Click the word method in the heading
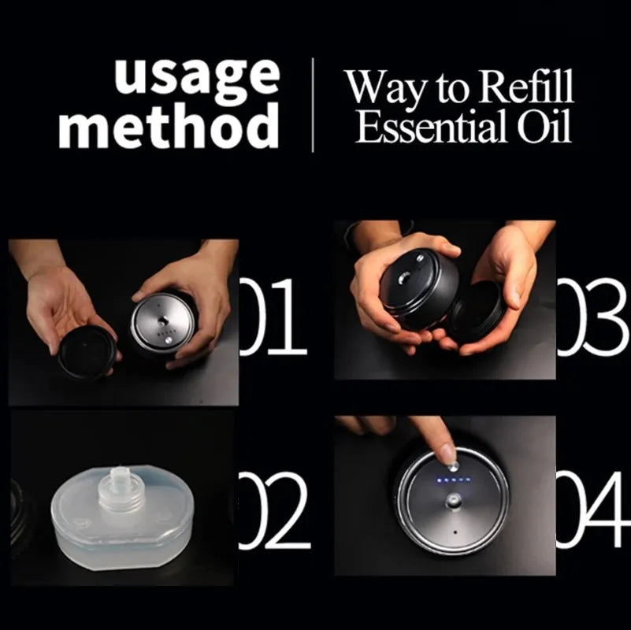point(169,125)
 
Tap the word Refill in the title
point(527,87)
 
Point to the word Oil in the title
point(544,126)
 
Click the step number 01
point(273,317)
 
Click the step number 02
point(274,510)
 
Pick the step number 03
point(593,317)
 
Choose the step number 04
point(593,510)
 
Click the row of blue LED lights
point(454,480)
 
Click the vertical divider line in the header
point(313,105)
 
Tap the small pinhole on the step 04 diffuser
point(455,532)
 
